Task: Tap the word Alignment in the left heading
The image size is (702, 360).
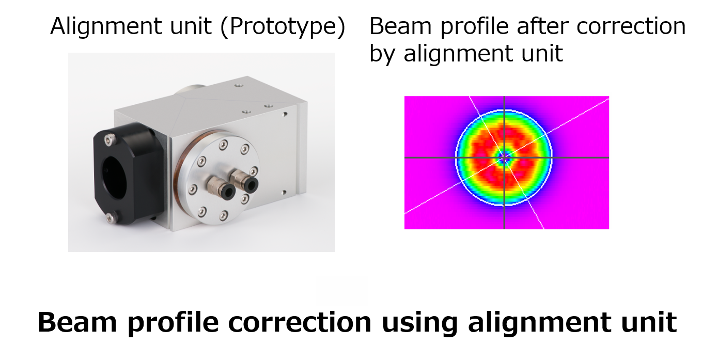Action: point(106,27)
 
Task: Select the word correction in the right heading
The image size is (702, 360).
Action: point(631,26)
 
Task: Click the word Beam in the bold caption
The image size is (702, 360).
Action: point(77,322)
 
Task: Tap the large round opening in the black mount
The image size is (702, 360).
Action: point(114,178)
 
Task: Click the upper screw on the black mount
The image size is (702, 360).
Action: point(110,139)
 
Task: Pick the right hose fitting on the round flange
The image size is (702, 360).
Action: point(245,180)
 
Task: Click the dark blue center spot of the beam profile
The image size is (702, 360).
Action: point(504,158)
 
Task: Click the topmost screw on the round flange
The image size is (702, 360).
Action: point(223,145)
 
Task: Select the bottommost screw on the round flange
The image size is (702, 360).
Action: point(223,215)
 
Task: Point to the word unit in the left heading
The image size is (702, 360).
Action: point(191,26)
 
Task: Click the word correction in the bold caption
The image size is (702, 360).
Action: point(300,323)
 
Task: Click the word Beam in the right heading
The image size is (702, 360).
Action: point(401,26)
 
